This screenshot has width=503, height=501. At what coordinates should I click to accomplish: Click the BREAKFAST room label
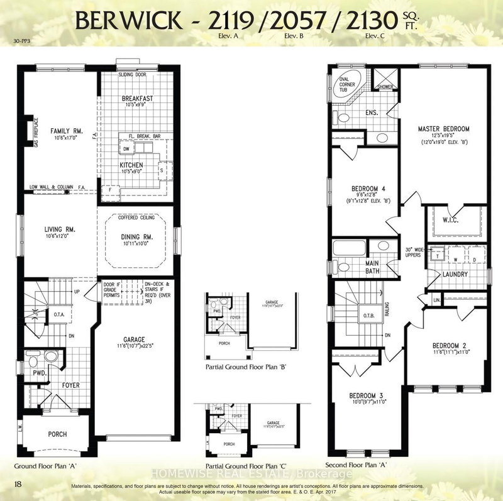click(136, 99)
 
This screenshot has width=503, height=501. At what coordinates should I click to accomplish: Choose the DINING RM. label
click(136, 236)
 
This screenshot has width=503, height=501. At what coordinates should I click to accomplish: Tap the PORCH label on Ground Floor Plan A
click(57, 434)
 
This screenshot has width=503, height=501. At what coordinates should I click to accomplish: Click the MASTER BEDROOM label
click(444, 129)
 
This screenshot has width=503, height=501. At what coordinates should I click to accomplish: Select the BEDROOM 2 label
click(448, 346)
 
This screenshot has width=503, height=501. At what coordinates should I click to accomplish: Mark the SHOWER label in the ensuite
click(385, 87)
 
